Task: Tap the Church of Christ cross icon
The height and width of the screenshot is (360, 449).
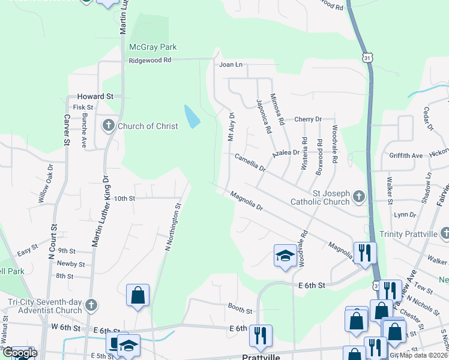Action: [109, 125]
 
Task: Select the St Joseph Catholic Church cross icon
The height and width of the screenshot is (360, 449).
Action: [359, 196]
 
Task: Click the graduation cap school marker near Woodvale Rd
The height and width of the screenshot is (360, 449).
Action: [284, 255]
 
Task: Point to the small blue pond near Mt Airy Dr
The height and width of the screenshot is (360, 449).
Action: [191, 116]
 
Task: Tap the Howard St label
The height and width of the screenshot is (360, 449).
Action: [95, 96]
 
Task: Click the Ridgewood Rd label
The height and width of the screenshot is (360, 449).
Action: [150, 60]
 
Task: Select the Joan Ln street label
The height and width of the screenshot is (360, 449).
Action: [231, 64]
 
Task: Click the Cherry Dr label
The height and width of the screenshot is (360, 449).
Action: [308, 119]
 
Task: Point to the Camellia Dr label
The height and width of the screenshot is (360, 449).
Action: [250, 162]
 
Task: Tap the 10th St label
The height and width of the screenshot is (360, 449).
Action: [125, 198]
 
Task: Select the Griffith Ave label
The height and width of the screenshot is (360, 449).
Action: [406, 155]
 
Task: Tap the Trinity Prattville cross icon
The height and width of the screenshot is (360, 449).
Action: [444, 233]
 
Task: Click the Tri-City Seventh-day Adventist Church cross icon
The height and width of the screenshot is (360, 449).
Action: [91, 305]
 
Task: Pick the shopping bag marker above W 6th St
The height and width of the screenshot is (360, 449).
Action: [137, 295]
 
